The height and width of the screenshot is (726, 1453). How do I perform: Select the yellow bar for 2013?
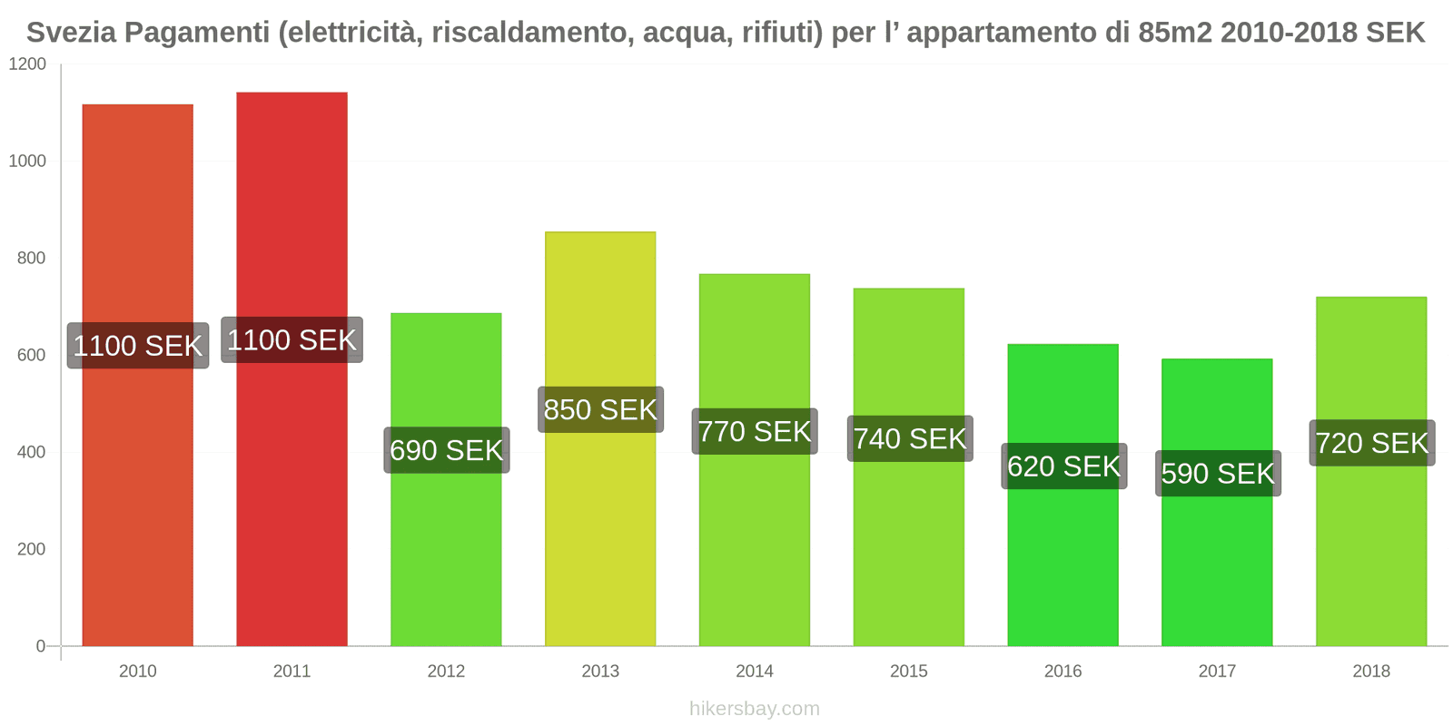pos(600,526)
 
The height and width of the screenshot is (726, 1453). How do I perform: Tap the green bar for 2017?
pos(1217,563)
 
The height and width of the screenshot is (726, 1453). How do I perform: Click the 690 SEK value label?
pos(446,450)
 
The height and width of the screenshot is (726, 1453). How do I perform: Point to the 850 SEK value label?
pos(600,409)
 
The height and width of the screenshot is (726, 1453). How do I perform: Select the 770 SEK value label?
pos(755,431)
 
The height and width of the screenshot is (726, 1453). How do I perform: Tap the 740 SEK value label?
pos(909,438)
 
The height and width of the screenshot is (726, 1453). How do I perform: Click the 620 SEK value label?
pos(1063,466)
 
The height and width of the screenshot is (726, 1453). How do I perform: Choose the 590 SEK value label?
pos(1218,473)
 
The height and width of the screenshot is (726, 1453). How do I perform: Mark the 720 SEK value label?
pos(1371,443)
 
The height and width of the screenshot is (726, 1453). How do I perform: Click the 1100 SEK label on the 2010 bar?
pos(138,346)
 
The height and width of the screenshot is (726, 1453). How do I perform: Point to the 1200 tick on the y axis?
pos(27,64)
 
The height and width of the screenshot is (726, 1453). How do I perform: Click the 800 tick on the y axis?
pos(31,259)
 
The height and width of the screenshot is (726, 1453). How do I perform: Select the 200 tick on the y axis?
pos(31,549)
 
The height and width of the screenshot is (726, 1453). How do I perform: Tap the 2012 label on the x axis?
pos(446,671)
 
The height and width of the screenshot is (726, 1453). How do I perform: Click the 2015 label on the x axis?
pos(908,671)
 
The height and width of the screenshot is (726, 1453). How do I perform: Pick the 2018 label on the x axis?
pos(1370,671)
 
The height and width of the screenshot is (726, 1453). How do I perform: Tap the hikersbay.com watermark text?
pos(754,709)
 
